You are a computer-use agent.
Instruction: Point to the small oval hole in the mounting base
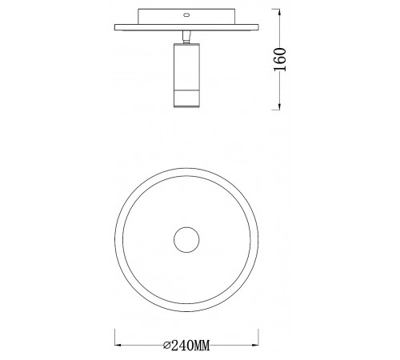pyautogui.click(x=186, y=14)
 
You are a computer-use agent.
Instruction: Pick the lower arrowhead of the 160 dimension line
pyautogui.click(x=279, y=106)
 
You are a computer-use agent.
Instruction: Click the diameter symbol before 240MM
pyautogui.click(x=166, y=346)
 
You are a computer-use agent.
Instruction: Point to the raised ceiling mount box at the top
pyautogui.click(x=187, y=16)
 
